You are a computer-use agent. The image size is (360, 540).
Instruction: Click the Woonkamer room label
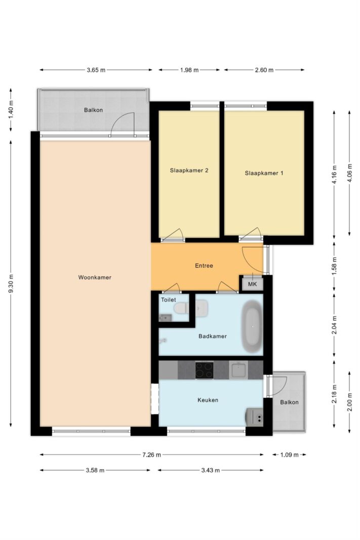pyautogui.click(x=95, y=277)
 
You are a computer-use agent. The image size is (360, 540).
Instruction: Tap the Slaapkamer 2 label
pyautogui.click(x=189, y=170)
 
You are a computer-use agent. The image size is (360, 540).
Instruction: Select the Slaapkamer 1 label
pyautogui.click(x=264, y=173)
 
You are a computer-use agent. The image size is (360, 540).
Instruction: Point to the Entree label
pyautogui.click(x=204, y=266)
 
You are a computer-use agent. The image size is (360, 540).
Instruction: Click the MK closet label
pyautogui.click(x=253, y=284)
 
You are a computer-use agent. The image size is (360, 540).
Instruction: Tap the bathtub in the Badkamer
pyautogui.click(x=252, y=326)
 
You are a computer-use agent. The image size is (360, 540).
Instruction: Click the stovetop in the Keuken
pyautogui.click(x=204, y=370)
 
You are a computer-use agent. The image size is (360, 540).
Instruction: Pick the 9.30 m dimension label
pyautogui.click(x=11, y=284)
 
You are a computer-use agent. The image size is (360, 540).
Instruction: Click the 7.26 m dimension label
pyautogui.click(x=151, y=454)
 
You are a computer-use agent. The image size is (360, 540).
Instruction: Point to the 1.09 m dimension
pyautogui.click(x=290, y=454)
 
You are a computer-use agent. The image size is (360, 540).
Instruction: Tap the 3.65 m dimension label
pyautogui.click(x=96, y=70)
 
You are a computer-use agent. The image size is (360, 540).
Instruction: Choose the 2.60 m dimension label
pyautogui.click(x=264, y=70)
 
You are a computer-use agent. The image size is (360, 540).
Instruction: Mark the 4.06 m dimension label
pyautogui.click(x=350, y=173)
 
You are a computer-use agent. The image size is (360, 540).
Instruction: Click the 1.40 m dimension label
pyautogui.click(x=11, y=110)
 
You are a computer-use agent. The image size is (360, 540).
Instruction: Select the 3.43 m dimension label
pyautogui.click(x=211, y=470)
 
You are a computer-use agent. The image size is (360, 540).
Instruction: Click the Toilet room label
pyautogui.click(x=169, y=300)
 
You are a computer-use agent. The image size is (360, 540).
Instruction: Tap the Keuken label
pyautogui.click(x=208, y=400)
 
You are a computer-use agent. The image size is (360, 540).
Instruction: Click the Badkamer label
pyautogui.click(x=213, y=336)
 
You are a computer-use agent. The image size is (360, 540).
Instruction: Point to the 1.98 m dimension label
pyautogui.click(x=189, y=70)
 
